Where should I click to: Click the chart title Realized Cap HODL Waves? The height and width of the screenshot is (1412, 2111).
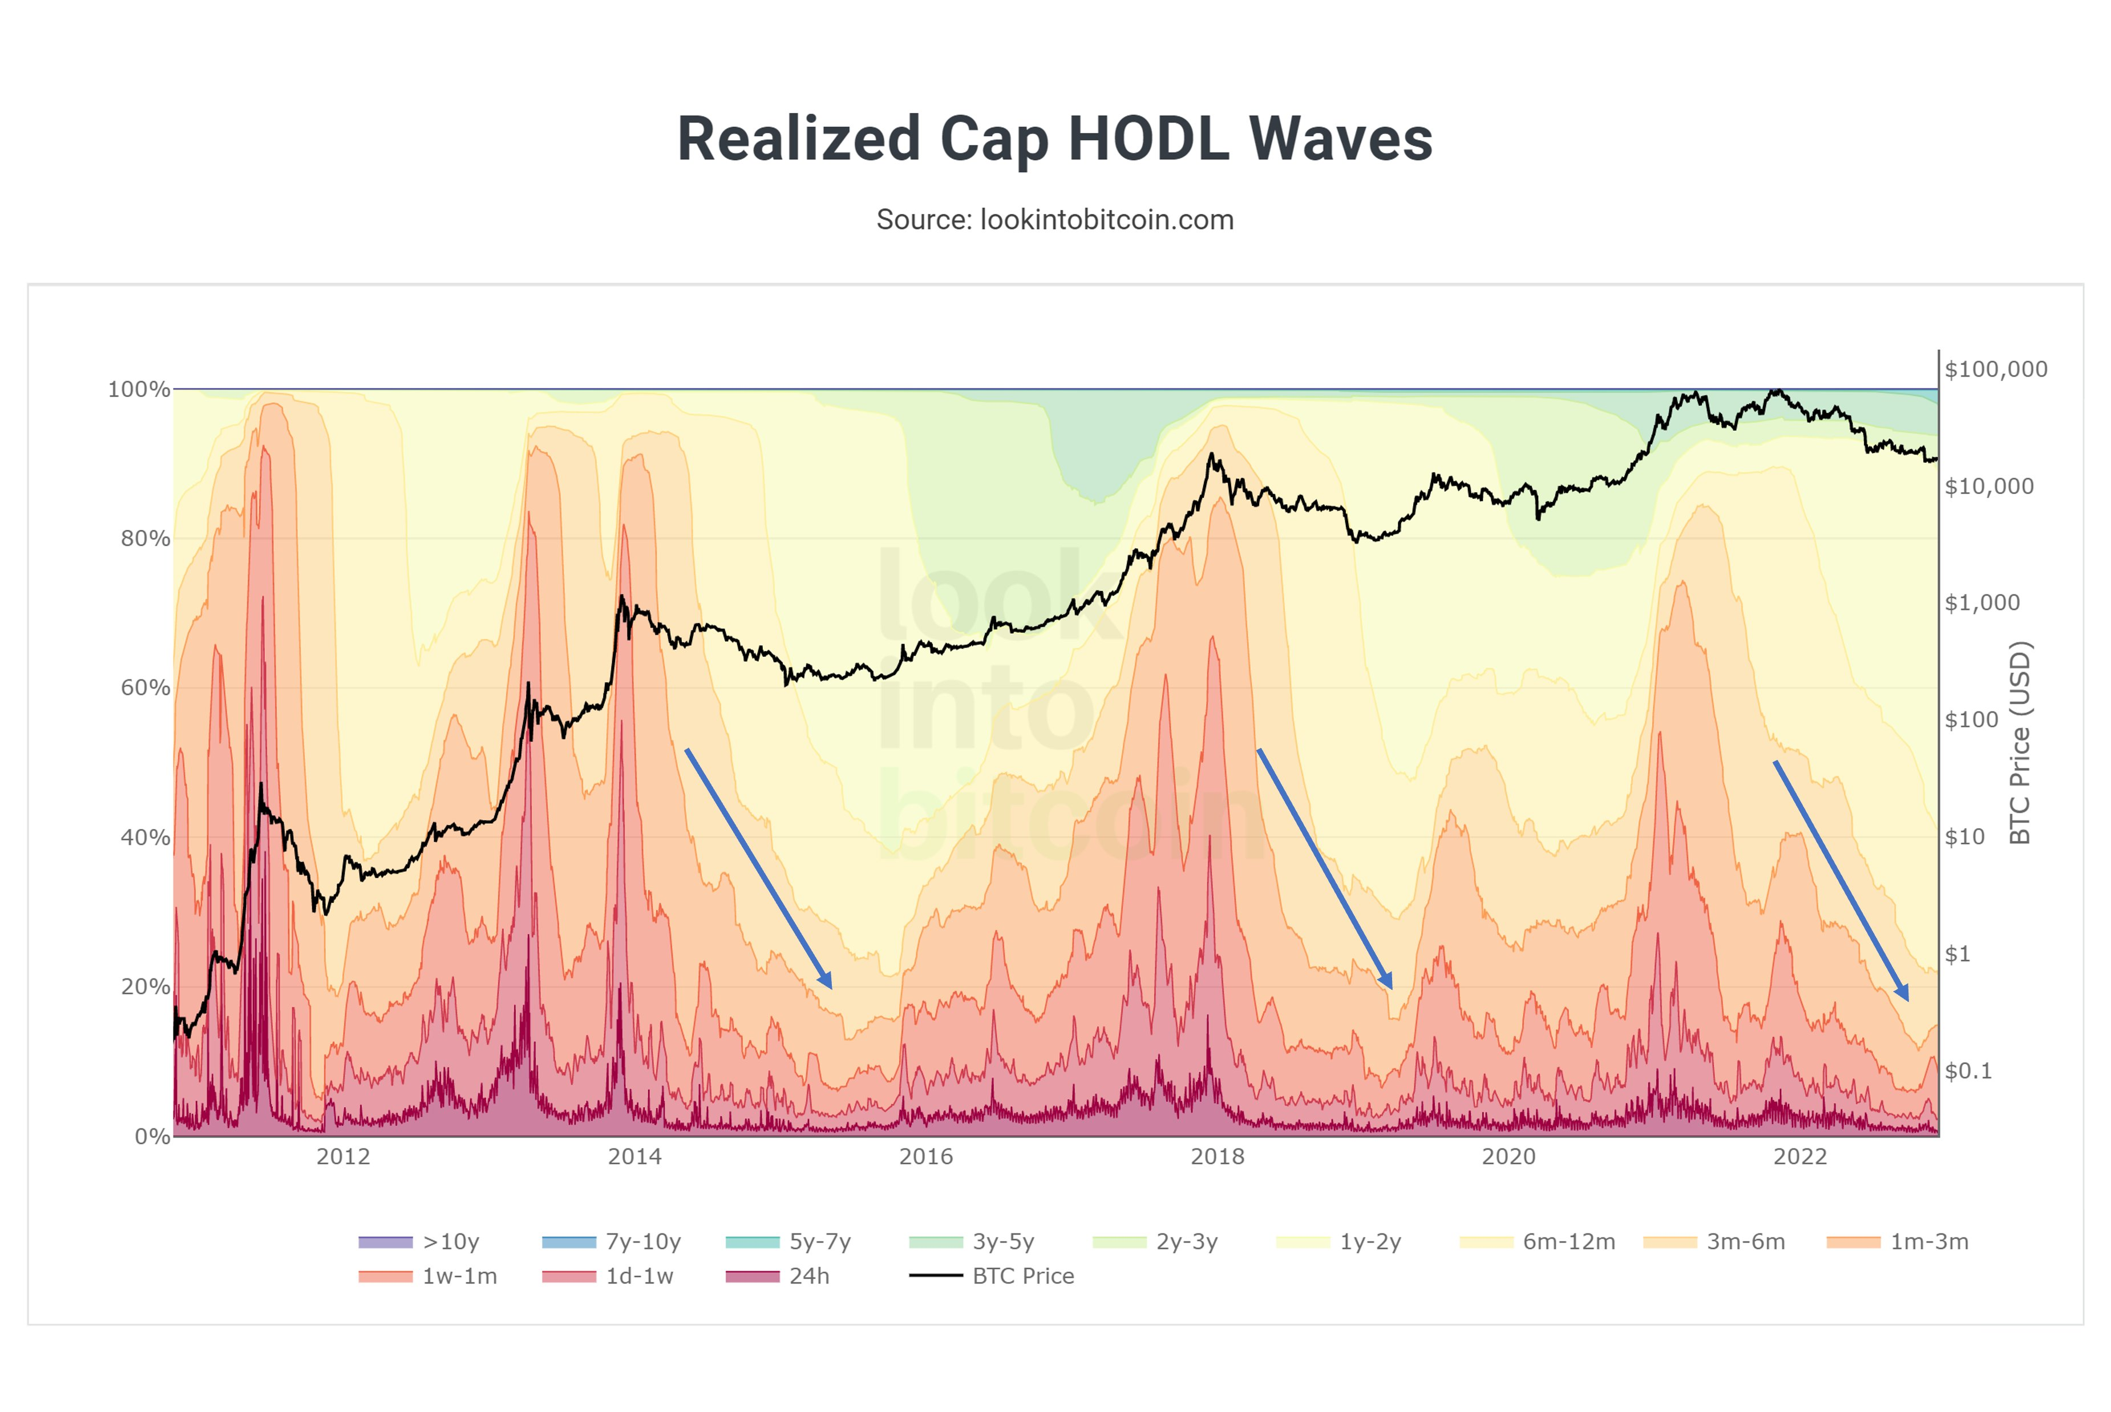[x=1054, y=140]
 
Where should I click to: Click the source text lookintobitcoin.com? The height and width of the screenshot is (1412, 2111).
[x=1054, y=220]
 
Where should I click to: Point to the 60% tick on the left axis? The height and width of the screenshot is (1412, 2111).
[x=145, y=688]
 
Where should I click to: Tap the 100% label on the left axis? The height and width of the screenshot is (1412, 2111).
[x=139, y=389]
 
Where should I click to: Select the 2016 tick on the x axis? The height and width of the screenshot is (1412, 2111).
[x=926, y=1157]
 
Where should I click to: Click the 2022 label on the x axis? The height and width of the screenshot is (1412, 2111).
[x=1800, y=1157]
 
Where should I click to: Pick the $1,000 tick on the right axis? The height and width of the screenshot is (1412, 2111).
[x=1982, y=602]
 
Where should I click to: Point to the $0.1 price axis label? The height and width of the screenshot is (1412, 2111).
[x=1969, y=1071]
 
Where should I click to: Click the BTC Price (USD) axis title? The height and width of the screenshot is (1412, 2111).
[x=2020, y=743]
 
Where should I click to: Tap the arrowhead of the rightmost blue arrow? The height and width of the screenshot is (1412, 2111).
[x=1903, y=994]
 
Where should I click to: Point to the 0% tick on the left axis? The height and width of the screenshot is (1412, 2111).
[x=152, y=1136]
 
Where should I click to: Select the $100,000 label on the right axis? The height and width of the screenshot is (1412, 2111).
[x=1996, y=369]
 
